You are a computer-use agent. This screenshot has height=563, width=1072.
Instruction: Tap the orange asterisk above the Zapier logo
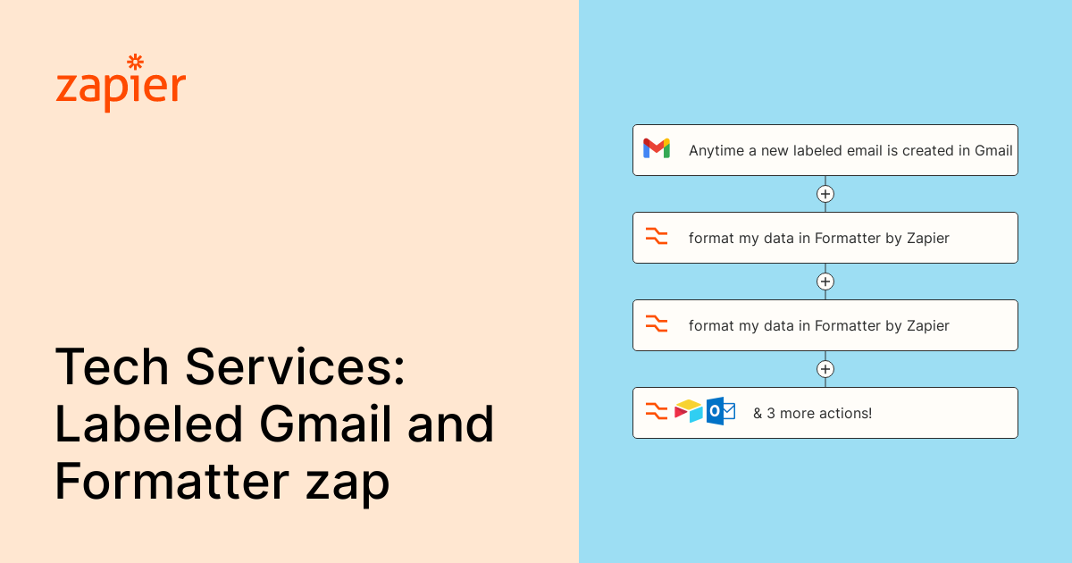pyautogui.click(x=136, y=62)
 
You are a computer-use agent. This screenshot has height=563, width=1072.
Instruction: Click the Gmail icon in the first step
pyautogui.click(x=657, y=148)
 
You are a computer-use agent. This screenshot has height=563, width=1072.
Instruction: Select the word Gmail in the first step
pyautogui.click(x=992, y=151)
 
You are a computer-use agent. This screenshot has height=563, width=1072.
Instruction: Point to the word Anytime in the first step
pyautogui.click(x=716, y=151)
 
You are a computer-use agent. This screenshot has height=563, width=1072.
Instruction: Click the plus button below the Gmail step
pyautogui.click(x=825, y=194)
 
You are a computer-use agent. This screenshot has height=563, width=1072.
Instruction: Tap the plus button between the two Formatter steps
pyautogui.click(x=825, y=281)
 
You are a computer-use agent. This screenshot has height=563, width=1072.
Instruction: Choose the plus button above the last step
pyautogui.click(x=825, y=369)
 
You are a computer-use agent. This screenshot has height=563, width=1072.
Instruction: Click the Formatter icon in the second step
pyautogui.click(x=657, y=237)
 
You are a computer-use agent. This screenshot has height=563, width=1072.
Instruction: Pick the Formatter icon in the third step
pyautogui.click(x=657, y=324)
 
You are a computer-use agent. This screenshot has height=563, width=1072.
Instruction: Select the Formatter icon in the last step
pyautogui.click(x=657, y=412)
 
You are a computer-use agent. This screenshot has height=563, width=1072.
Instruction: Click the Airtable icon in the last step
pyautogui.click(x=689, y=411)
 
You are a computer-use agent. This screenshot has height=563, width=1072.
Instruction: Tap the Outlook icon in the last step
pyautogui.click(x=720, y=411)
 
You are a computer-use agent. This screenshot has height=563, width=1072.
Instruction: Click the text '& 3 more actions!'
pyautogui.click(x=812, y=413)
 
